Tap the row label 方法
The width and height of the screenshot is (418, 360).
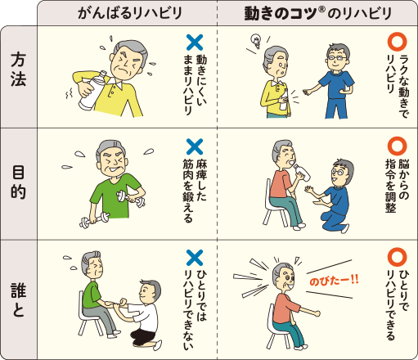(18, 75)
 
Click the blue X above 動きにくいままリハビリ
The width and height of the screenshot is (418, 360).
(194, 41)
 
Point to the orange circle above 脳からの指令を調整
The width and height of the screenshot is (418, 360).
(396, 146)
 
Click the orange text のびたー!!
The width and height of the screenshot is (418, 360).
(334, 280)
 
